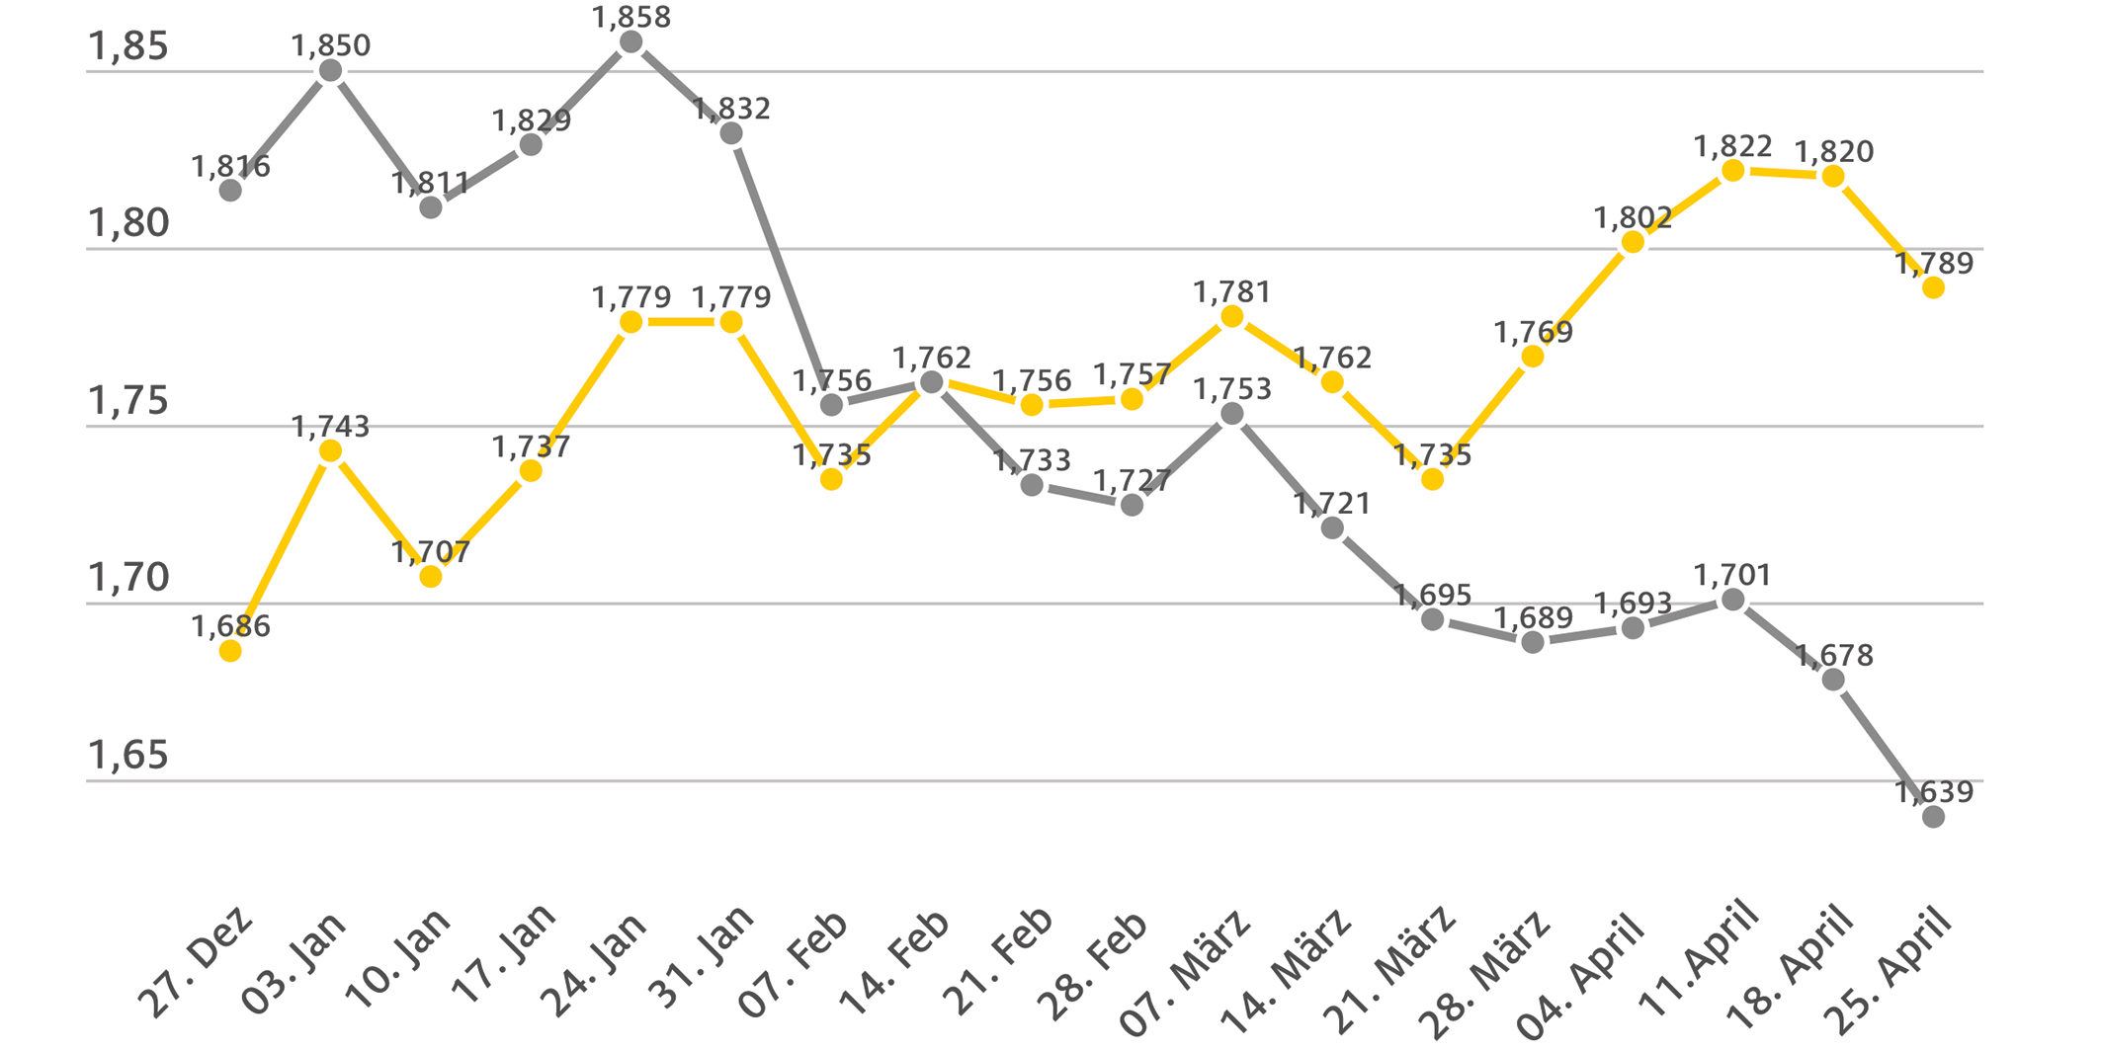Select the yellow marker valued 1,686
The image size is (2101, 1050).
point(230,651)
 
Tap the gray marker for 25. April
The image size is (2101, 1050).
point(1934,817)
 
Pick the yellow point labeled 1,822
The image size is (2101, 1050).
point(1733,171)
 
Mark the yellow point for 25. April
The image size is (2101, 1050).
point(1934,287)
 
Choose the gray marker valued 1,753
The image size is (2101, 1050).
point(1232,414)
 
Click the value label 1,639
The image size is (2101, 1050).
point(1934,791)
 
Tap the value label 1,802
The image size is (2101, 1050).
point(1633,217)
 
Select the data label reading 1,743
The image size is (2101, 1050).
point(330,427)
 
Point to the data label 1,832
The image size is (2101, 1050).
point(731,109)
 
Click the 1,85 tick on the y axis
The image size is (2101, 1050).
point(128,46)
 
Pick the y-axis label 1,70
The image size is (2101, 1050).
point(128,578)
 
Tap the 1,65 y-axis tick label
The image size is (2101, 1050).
point(128,756)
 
